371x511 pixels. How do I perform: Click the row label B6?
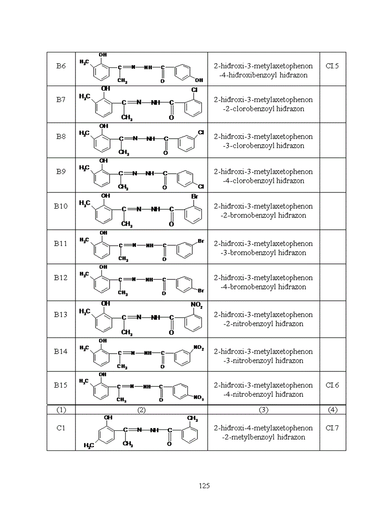click(x=61, y=66)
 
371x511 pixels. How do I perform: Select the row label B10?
click(x=61, y=206)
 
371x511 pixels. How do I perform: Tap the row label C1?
click(x=61, y=428)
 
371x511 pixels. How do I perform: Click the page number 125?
click(x=204, y=486)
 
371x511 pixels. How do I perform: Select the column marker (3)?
click(x=263, y=410)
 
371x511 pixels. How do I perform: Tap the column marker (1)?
click(x=61, y=410)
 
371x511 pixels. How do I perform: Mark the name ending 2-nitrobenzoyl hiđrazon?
click(x=263, y=324)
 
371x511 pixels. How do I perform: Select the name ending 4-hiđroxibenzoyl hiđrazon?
click(x=263, y=75)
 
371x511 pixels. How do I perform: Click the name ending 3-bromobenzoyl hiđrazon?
click(x=263, y=253)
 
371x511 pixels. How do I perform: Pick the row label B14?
click(x=61, y=351)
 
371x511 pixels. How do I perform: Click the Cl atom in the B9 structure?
click(x=201, y=187)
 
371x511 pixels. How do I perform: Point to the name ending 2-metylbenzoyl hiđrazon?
click(x=263, y=437)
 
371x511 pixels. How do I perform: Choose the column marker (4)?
click(x=332, y=410)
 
